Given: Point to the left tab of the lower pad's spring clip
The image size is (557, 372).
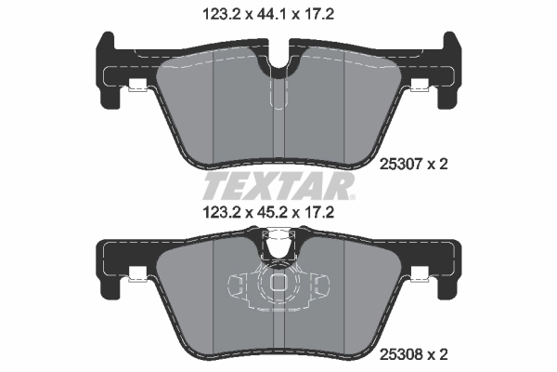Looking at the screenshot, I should [234, 285].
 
